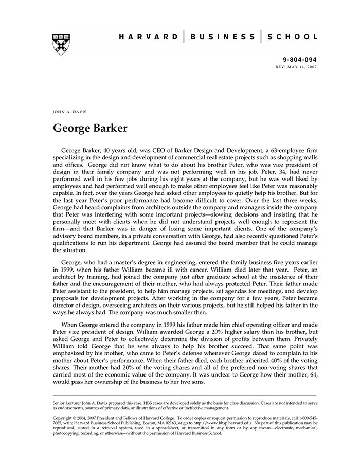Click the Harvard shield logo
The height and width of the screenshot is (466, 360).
tap(61, 45)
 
